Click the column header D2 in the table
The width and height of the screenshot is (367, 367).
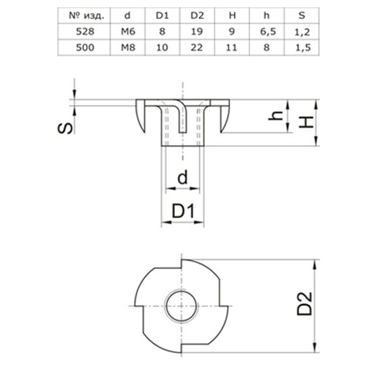(196, 16)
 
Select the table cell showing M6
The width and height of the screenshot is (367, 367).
(128, 32)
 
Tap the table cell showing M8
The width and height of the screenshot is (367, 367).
(128, 47)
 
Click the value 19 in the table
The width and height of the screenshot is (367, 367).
(196, 32)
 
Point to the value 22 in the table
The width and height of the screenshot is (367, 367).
(196, 47)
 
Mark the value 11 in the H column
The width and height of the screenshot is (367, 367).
(229, 47)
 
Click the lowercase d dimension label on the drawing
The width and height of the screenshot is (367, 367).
(182, 178)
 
